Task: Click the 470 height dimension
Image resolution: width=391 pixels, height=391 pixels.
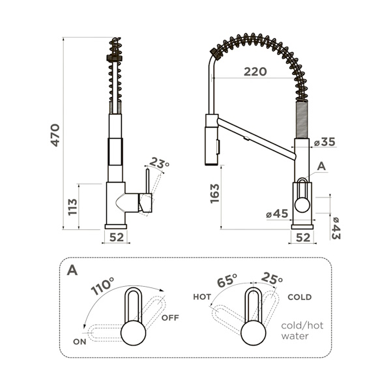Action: coord(55,135)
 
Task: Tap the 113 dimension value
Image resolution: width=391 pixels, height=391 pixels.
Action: coord(73,207)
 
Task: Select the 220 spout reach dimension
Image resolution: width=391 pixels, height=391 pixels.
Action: coord(255,72)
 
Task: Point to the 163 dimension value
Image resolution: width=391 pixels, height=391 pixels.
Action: coord(214,194)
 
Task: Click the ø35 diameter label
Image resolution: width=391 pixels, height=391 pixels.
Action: coord(325,142)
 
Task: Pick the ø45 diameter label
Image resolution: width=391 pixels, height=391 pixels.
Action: coord(277,214)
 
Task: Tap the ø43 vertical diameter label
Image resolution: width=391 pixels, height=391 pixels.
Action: coord(336,228)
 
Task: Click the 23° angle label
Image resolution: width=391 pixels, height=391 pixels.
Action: coord(160,163)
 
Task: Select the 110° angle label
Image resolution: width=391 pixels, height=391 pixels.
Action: coord(102,286)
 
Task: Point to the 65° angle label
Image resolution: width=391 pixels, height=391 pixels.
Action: coord(227,280)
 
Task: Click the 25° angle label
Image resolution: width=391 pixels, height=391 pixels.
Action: coord(272,279)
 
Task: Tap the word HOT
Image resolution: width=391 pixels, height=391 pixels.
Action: coord(202,297)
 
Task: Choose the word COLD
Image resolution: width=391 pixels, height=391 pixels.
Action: coord(300,297)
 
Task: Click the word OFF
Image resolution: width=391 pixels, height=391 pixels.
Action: coord(170,318)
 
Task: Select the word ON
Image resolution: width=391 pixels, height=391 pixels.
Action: coord(80,341)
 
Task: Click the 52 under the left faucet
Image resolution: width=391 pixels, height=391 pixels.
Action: coord(117,237)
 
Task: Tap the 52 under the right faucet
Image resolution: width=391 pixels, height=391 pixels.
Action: coord(303,238)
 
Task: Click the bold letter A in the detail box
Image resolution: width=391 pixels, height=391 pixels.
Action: coord(72,270)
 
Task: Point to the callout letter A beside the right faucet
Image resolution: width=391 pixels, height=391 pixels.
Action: coord(322,166)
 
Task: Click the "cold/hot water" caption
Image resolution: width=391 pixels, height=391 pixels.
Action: coord(302,330)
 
